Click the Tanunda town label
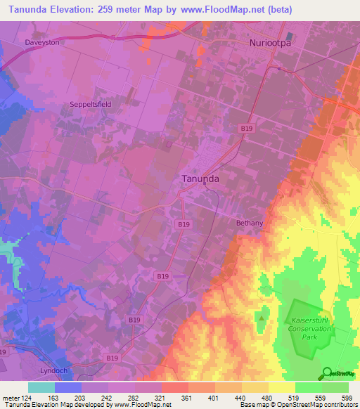200,178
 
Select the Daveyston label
42,42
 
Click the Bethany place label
250,223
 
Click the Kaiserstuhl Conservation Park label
305,327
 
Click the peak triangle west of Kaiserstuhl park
262,317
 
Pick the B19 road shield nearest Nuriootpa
246,129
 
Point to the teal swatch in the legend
41,387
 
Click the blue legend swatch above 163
67,387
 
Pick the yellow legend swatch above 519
281,387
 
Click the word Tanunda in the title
34,9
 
